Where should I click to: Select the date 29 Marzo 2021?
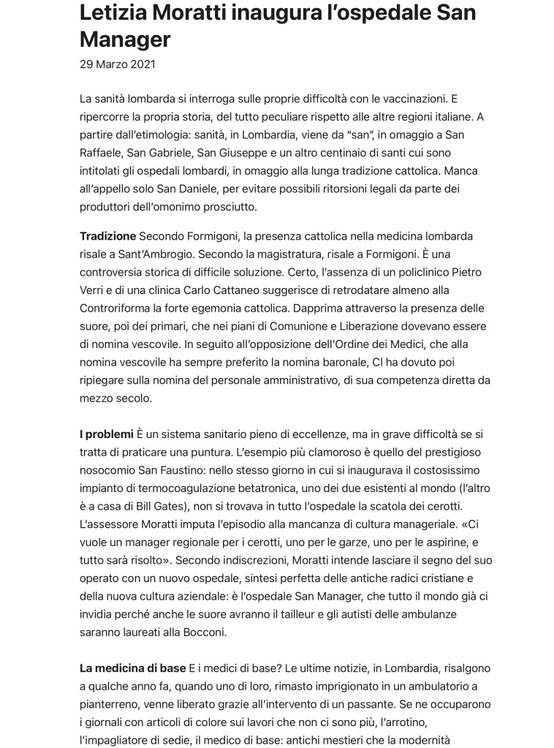117,64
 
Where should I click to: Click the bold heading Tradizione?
107,236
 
